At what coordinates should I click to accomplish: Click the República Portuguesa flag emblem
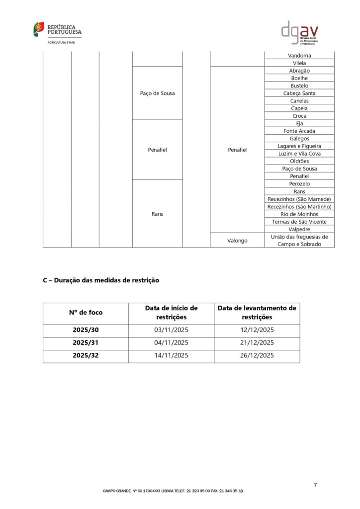pos(39,29)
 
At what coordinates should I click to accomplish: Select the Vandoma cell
pos(299,56)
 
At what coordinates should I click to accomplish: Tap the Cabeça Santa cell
pos(299,93)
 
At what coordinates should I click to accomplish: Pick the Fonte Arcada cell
pos(299,131)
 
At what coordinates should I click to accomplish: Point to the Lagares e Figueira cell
pos(299,146)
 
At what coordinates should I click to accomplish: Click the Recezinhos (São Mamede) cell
pos(299,199)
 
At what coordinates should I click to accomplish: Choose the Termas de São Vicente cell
pos(299,222)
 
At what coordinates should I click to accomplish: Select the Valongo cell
pos(237,241)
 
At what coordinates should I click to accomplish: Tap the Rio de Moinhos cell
pos(299,214)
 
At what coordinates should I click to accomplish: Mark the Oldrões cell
pos(299,161)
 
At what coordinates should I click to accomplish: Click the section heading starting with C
pos(101,280)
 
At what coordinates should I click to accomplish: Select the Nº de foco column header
pos(86,313)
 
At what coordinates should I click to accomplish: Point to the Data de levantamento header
pos(257,313)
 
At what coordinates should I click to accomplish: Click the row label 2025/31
pos(86,343)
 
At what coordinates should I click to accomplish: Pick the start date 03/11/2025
pos(171,330)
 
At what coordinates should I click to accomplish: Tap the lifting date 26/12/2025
pos(257,355)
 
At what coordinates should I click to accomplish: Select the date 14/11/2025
pos(171,355)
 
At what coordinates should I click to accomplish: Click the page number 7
pos(315,485)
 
